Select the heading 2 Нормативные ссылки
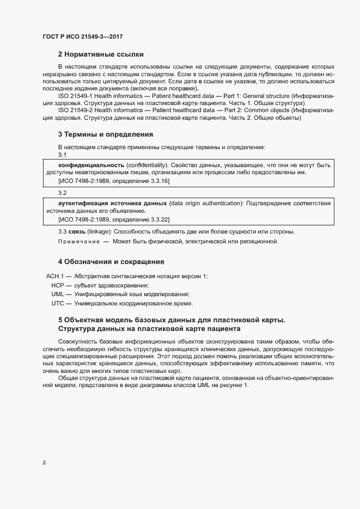coord(100,54)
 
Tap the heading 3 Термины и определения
coord(105,134)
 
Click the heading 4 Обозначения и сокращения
coord(111,262)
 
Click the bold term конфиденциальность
coord(91,165)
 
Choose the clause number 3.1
coord(62,155)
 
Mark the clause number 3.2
coord(62,193)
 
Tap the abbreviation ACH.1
coord(56,277)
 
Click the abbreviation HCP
coord(58,285)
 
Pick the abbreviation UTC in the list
coord(58,303)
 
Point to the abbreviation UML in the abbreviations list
coord(58,294)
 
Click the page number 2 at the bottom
coord(44,463)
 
